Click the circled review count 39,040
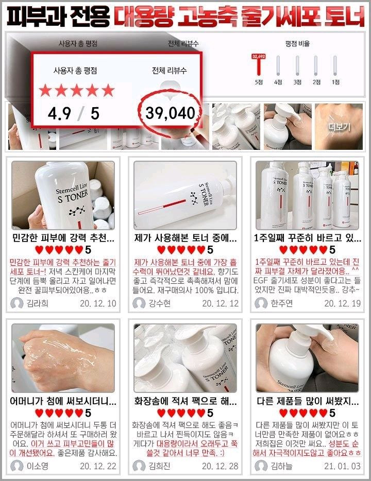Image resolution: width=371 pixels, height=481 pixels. (x=170, y=113)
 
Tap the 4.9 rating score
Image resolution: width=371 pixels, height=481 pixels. (x=59, y=113)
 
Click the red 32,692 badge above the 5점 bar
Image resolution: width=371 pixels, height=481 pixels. (x=258, y=56)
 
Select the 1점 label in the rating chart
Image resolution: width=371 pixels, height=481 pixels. (x=335, y=82)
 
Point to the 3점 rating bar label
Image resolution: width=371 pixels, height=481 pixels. (x=297, y=82)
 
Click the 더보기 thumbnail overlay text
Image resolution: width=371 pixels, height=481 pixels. (x=339, y=126)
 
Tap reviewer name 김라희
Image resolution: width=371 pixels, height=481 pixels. (x=37, y=303)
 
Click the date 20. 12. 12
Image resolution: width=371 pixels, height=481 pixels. (x=220, y=303)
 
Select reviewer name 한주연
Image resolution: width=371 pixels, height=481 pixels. (x=281, y=303)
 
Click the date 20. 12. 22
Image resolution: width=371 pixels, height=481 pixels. (x=98, y=466)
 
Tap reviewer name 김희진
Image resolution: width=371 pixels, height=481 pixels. (x=159, y=466)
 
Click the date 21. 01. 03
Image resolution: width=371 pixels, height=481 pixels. (x=342, y=466)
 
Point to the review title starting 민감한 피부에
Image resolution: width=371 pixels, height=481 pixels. (x=63, y=238)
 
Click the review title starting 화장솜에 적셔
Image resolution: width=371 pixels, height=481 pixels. (x=185, y=400)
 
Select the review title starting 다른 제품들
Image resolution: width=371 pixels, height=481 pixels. (x=307, y=400)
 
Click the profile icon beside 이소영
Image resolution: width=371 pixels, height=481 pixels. (x=17, y=466)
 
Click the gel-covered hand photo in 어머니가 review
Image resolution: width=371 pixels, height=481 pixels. (x=63, y=356)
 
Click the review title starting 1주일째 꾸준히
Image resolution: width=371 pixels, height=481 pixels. (x=307, y=238)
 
